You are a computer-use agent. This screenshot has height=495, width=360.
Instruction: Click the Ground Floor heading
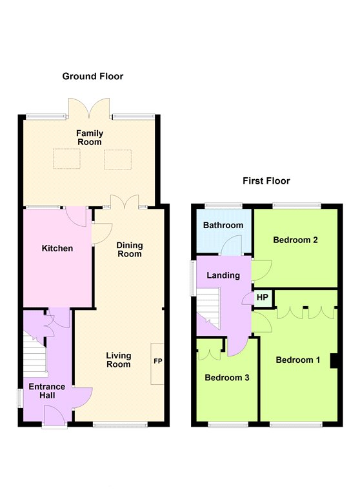pos(93,76)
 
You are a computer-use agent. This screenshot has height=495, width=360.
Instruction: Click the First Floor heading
pos(266,181)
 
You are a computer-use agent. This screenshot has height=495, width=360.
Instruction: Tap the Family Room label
pos(90,138)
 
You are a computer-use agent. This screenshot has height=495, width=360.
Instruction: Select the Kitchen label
pos(57,248)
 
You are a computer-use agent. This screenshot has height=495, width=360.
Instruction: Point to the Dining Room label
pos(130,249)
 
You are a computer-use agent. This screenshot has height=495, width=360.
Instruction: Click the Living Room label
pos(119,360)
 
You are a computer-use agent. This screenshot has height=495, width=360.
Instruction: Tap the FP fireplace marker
pos(157,361)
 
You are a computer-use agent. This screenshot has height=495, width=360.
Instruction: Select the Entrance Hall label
pos(47,391)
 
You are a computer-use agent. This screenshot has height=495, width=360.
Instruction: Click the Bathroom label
pos(223,226)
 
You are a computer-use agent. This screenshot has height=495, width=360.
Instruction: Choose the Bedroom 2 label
pos(295,240)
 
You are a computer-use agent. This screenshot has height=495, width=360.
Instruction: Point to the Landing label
pos(223,276)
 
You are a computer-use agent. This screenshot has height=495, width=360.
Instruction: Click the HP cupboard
pos(263,298)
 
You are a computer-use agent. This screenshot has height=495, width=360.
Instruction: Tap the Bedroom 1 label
pos(297,360)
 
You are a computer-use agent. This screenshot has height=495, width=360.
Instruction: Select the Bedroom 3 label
pos(227,378)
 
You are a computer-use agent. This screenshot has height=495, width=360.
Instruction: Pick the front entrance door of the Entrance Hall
pos(54,416)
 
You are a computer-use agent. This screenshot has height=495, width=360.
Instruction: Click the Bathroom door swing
pos(231,245)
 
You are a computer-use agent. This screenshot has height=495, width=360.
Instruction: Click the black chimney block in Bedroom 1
pos(334,361)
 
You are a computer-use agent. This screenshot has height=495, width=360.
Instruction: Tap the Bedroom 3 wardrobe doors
pos(209,354)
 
